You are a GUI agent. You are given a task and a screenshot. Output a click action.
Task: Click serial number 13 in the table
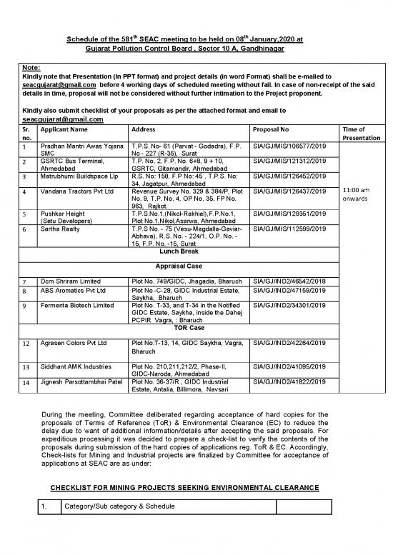coord(25,368)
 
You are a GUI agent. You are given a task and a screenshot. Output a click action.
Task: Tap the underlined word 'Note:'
coord(32,84)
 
